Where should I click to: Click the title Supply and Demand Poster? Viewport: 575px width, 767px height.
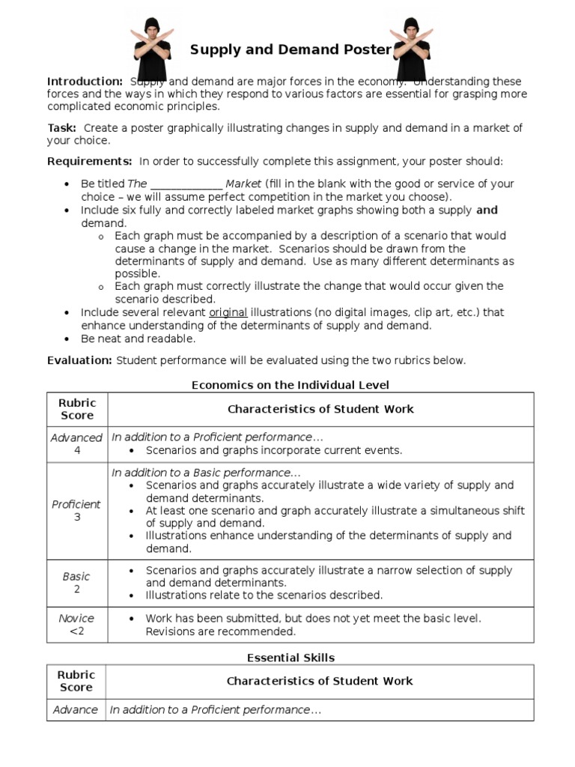coord(290,50)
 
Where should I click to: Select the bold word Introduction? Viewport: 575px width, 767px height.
coord(85,82)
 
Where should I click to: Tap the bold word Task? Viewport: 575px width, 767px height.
coord(61,128)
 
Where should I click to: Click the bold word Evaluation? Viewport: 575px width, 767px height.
coord(79,360)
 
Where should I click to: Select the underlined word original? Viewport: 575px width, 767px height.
coord(228,312)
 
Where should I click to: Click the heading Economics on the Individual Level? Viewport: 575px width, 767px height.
coord(290,385)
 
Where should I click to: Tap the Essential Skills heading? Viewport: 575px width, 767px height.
coord(290,658)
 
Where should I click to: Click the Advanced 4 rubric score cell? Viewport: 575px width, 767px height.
coord(76,444)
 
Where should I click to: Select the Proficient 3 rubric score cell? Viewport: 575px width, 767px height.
coord(76,511)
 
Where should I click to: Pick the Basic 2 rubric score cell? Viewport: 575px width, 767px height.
coord(76,583)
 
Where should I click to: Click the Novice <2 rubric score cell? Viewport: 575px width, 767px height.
coord(76,625)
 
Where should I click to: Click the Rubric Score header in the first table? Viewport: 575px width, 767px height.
coord(76,409)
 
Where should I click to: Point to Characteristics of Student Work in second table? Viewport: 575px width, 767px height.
coord(320,681)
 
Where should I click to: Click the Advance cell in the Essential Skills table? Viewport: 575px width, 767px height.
coord(76,709)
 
